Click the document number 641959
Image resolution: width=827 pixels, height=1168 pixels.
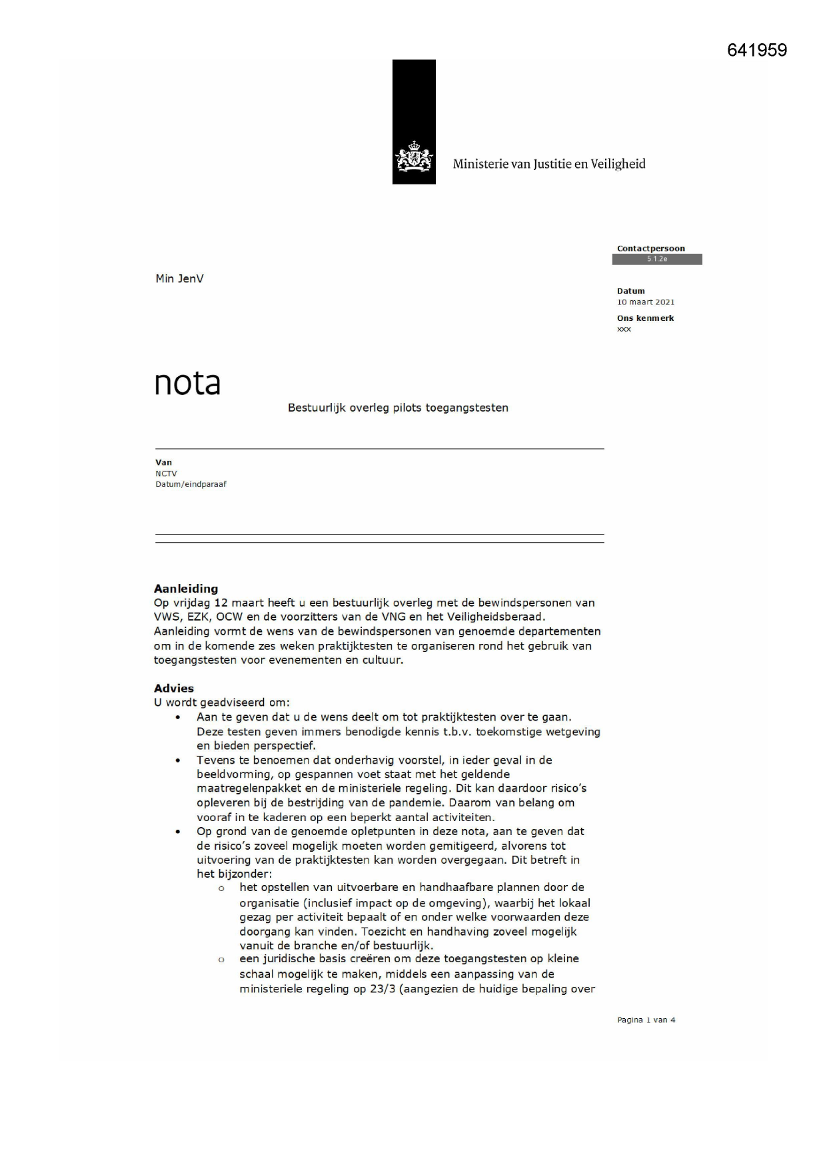pos(757,51)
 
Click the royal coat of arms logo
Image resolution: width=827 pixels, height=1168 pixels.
pos(414,158)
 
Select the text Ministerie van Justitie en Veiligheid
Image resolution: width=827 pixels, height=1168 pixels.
pos(549,164)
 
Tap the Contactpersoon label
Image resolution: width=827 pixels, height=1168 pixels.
pos(650,248)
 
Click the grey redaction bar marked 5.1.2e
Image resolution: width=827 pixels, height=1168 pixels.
pos(656,259)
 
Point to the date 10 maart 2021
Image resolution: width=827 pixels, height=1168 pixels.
pos(645,302)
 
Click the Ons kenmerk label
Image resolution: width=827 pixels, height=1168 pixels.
pos(645,318)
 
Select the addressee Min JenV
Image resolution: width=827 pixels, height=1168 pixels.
pos(179,279)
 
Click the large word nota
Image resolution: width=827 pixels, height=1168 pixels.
pos(187,383)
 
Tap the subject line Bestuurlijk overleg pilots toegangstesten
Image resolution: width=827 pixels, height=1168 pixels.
pos(398,408)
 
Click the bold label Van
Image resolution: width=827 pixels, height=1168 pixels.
pos(163,462)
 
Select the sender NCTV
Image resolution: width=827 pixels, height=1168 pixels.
pos(166,473)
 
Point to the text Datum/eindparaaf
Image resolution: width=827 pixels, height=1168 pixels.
pos(191,484)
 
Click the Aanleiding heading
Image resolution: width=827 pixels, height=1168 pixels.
pos(186,589)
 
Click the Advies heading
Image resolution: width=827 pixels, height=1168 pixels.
pos(174,689)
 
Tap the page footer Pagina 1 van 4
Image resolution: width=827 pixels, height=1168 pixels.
pos(646,1020)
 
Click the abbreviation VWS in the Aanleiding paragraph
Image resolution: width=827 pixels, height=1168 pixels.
pos(167,617)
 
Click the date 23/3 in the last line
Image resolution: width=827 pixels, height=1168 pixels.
pos(383,989)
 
